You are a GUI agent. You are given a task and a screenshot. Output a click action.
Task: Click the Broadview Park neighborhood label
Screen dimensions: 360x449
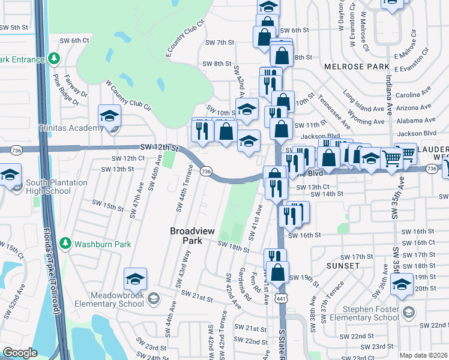tap(193, 235)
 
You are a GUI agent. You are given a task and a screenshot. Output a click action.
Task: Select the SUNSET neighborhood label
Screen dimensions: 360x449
tap(343, 265)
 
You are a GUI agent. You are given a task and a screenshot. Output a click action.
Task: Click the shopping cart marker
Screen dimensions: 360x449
tap(391, 158)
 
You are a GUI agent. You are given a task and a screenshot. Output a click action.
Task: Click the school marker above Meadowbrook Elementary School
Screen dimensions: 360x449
tap(135, 279)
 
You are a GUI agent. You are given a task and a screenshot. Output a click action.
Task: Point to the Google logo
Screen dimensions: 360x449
tap(20, 353)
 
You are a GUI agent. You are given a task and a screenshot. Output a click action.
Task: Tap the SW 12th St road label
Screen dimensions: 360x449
tap(160, 147)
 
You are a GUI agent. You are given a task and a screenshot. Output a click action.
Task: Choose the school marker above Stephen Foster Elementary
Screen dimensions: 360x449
tap(401, 284)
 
